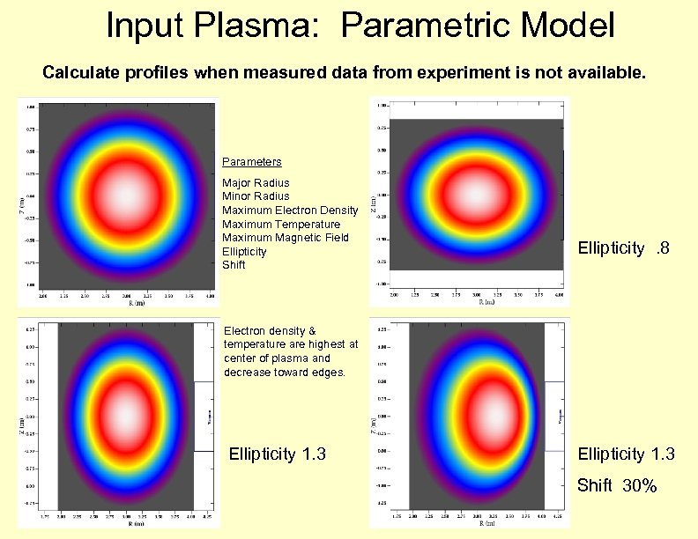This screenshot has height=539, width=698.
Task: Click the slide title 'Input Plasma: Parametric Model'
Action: (360, 26)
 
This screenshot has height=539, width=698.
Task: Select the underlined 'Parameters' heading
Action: (251, 162)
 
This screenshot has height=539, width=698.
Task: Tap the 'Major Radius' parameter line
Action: (256, 183)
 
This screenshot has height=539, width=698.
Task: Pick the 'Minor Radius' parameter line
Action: (256, 196)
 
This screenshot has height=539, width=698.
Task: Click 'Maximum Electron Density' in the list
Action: (290, 210)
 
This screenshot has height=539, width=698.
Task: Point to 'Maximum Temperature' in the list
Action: (280, 225)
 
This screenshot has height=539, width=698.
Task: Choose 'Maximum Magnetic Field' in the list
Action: (285, 238)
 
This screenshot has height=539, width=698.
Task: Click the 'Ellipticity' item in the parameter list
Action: (244, 252)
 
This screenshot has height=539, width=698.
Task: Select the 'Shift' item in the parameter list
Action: (234, 265)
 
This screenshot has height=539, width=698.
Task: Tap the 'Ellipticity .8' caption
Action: (623, 249)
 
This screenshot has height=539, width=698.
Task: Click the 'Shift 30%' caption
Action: (617, 485)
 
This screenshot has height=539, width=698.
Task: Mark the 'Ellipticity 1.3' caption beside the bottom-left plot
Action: (278, 454)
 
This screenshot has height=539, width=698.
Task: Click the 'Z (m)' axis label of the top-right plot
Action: (374, 203)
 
